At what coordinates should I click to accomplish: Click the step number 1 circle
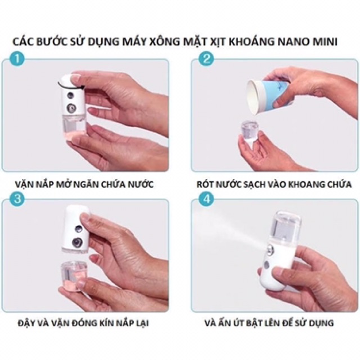tap(17, 59)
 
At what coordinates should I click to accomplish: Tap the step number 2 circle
tap(206, 59)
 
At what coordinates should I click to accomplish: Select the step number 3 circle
tap(17, 199)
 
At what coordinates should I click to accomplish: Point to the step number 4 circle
tap(206, 199)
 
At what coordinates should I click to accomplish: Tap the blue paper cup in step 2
tap(269, 96)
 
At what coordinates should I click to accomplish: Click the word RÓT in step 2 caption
tap(205, 184)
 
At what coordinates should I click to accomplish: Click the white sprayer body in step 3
tap(76, 229)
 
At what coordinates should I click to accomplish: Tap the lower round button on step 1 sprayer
tap(71, 107)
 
